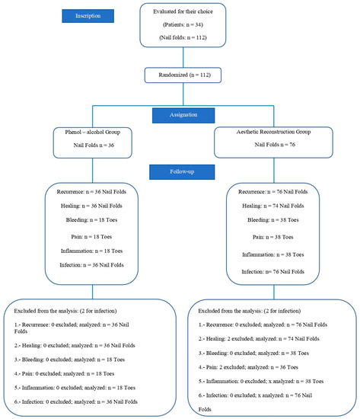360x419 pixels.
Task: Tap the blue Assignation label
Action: pos(179,114)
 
